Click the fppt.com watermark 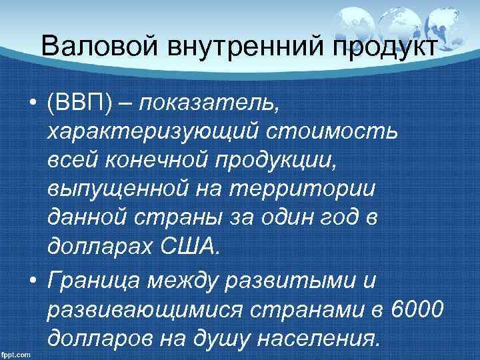coord(17,353)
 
